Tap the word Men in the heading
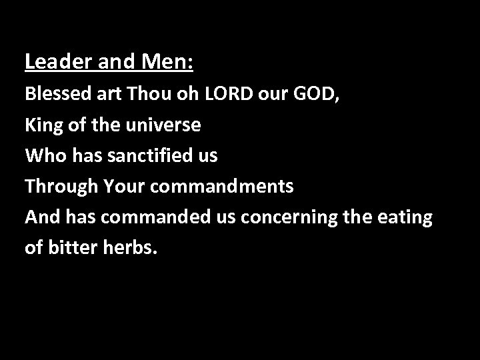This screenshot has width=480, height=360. pos(165,62)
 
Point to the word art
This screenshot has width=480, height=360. pos(107,93)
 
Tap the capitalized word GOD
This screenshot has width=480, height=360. pos(315,93)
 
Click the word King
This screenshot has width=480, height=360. pos(43,125)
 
